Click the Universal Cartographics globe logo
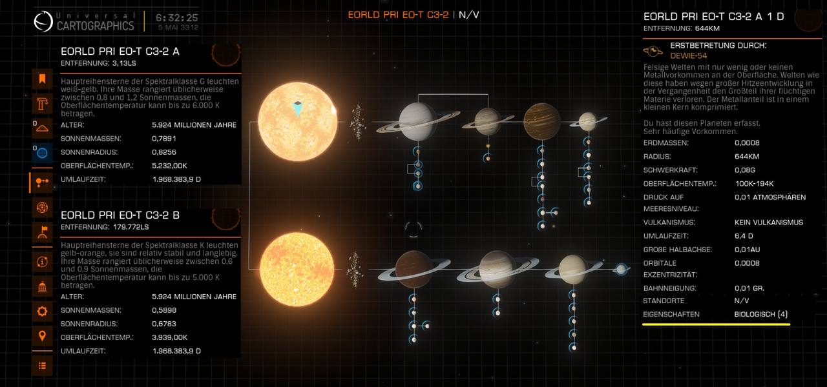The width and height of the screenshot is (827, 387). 43,21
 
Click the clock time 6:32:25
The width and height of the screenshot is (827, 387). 177,17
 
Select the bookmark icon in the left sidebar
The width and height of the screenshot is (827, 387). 42,79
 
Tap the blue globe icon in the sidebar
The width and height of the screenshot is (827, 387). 42,153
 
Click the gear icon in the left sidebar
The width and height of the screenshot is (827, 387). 42,312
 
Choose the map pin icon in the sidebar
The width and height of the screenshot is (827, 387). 42,336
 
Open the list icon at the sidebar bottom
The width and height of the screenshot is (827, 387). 42,366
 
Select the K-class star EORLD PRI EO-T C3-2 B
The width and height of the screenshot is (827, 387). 297,270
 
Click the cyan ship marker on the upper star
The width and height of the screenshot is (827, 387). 298,109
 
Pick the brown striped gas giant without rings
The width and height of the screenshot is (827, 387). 541,121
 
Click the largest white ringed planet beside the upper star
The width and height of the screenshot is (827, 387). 417,122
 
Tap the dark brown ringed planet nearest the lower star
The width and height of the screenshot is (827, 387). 414,270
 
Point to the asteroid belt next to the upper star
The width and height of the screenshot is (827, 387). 357,122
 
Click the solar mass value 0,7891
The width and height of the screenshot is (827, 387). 164,139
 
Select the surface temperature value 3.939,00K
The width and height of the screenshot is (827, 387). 169,337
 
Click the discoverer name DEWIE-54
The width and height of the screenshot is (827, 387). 689,55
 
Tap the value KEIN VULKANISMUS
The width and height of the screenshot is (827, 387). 769,223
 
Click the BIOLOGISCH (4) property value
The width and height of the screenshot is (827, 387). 761,314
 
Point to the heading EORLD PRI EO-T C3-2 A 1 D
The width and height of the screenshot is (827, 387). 714,17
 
